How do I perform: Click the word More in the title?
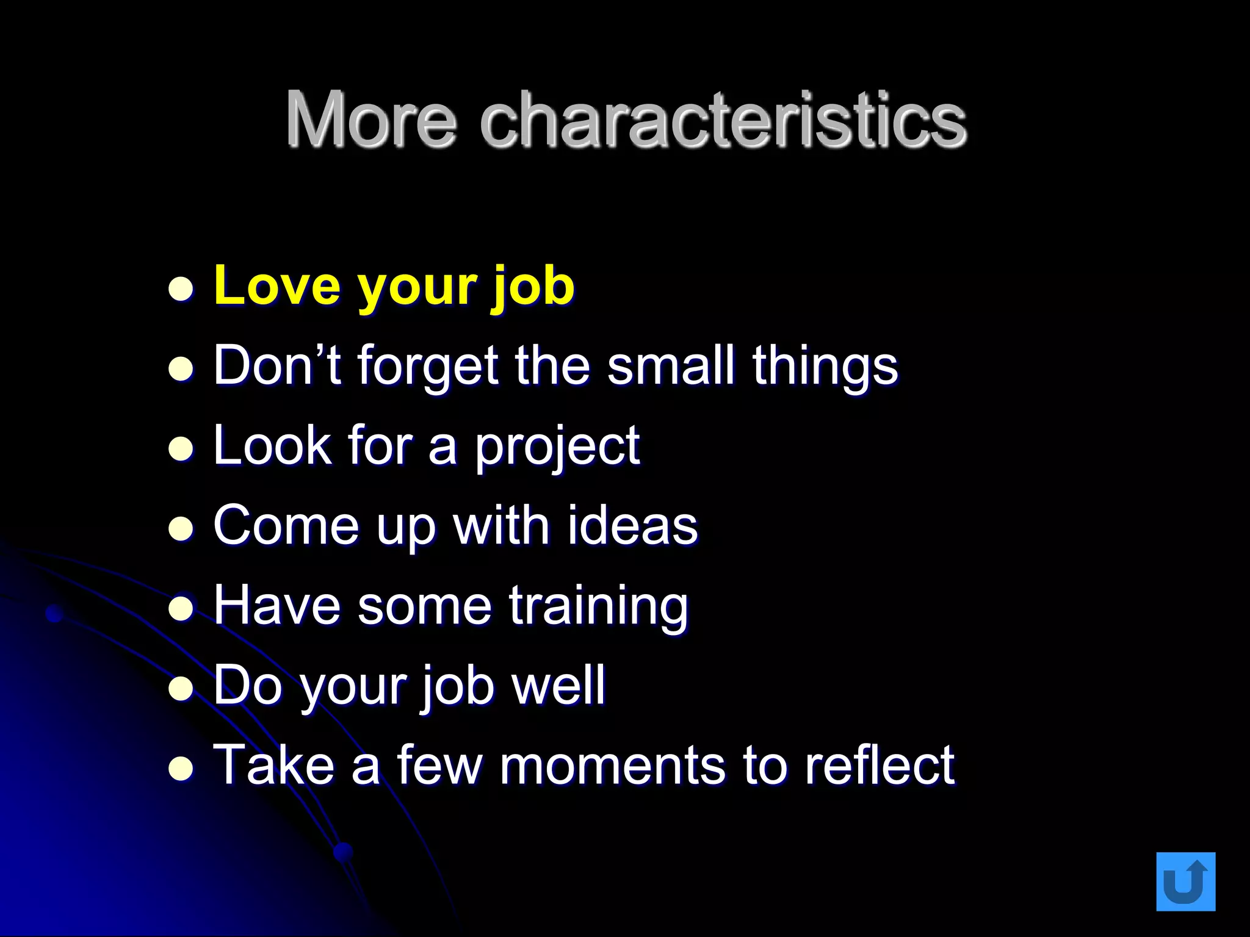click(371, 120)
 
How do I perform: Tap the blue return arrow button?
click(1185, 881)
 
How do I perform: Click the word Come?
click(286, 526)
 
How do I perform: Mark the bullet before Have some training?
click(181, 609)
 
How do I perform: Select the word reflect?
click(879, 766)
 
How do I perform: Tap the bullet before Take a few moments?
click(181, 769)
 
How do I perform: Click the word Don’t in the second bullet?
click(276, 366)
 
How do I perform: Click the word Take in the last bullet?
click(274, 766)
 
